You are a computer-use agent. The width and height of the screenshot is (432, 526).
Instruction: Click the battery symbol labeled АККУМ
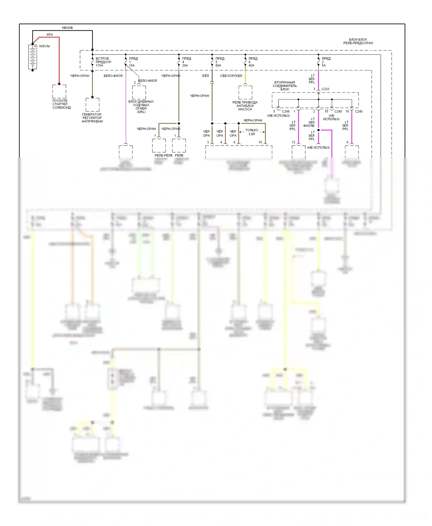[33, 57]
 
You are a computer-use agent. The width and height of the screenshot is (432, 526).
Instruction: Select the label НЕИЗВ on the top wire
[67, 28]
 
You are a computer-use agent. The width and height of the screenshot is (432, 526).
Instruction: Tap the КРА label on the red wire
[50, 35]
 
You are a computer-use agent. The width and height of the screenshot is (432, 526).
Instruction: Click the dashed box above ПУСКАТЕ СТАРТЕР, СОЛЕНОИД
[59, 92]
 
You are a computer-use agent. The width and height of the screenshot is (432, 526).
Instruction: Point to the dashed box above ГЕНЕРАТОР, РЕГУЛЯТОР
[92, 105]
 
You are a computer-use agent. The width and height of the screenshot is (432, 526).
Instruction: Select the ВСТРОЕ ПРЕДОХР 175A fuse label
[103, 62]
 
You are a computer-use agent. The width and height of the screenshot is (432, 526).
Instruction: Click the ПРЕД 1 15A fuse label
[133, 62]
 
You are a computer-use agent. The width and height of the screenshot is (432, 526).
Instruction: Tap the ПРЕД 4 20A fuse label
[186, 62]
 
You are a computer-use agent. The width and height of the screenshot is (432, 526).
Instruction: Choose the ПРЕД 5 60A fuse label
[219, 62]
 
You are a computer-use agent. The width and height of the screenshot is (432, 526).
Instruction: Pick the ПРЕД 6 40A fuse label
[253, 62]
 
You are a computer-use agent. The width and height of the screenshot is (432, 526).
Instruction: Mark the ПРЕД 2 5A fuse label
[326, 62]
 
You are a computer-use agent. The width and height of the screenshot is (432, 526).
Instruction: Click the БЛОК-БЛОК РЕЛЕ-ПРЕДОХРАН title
[358, 41]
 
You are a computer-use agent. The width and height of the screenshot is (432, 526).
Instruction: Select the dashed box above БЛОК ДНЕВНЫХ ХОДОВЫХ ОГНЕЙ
[139, 92]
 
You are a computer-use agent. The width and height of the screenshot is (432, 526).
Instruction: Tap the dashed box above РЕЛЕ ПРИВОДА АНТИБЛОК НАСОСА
[245, 92]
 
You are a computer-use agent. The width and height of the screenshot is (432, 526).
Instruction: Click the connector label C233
[325, 89]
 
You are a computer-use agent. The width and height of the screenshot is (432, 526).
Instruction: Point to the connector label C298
[285, 112]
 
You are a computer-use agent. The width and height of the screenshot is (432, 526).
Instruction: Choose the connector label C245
[359, 112]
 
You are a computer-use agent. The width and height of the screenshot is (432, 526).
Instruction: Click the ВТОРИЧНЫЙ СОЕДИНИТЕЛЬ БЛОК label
[285, 86]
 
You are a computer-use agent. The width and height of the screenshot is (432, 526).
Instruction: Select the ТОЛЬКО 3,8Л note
[252, 132]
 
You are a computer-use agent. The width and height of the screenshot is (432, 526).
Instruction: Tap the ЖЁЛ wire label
[205, 76]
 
